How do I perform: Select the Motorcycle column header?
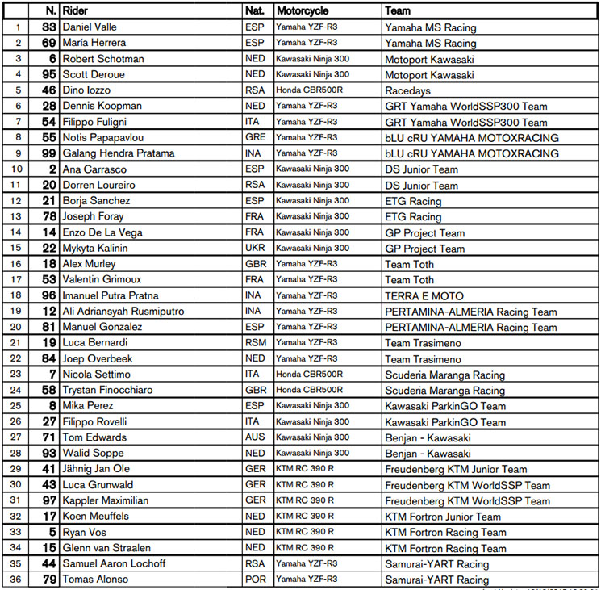pos(303,11)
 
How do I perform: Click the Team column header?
pos(398,11)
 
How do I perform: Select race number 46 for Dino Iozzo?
pos(48,90)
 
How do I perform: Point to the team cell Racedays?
pos(407,91)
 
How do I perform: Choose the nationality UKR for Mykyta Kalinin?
pos(255,249)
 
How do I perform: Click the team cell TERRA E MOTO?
pos(424,296)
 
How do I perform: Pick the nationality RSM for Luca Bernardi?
pos(255,343)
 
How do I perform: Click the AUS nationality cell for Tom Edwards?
pos(255,437)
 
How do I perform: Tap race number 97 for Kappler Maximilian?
pos(48,500)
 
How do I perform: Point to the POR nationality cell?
pos(255,580)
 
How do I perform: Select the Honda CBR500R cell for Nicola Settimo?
pos(309,375)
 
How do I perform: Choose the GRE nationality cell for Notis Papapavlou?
pos(255,138)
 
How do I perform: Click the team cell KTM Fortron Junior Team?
pos(443,517)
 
